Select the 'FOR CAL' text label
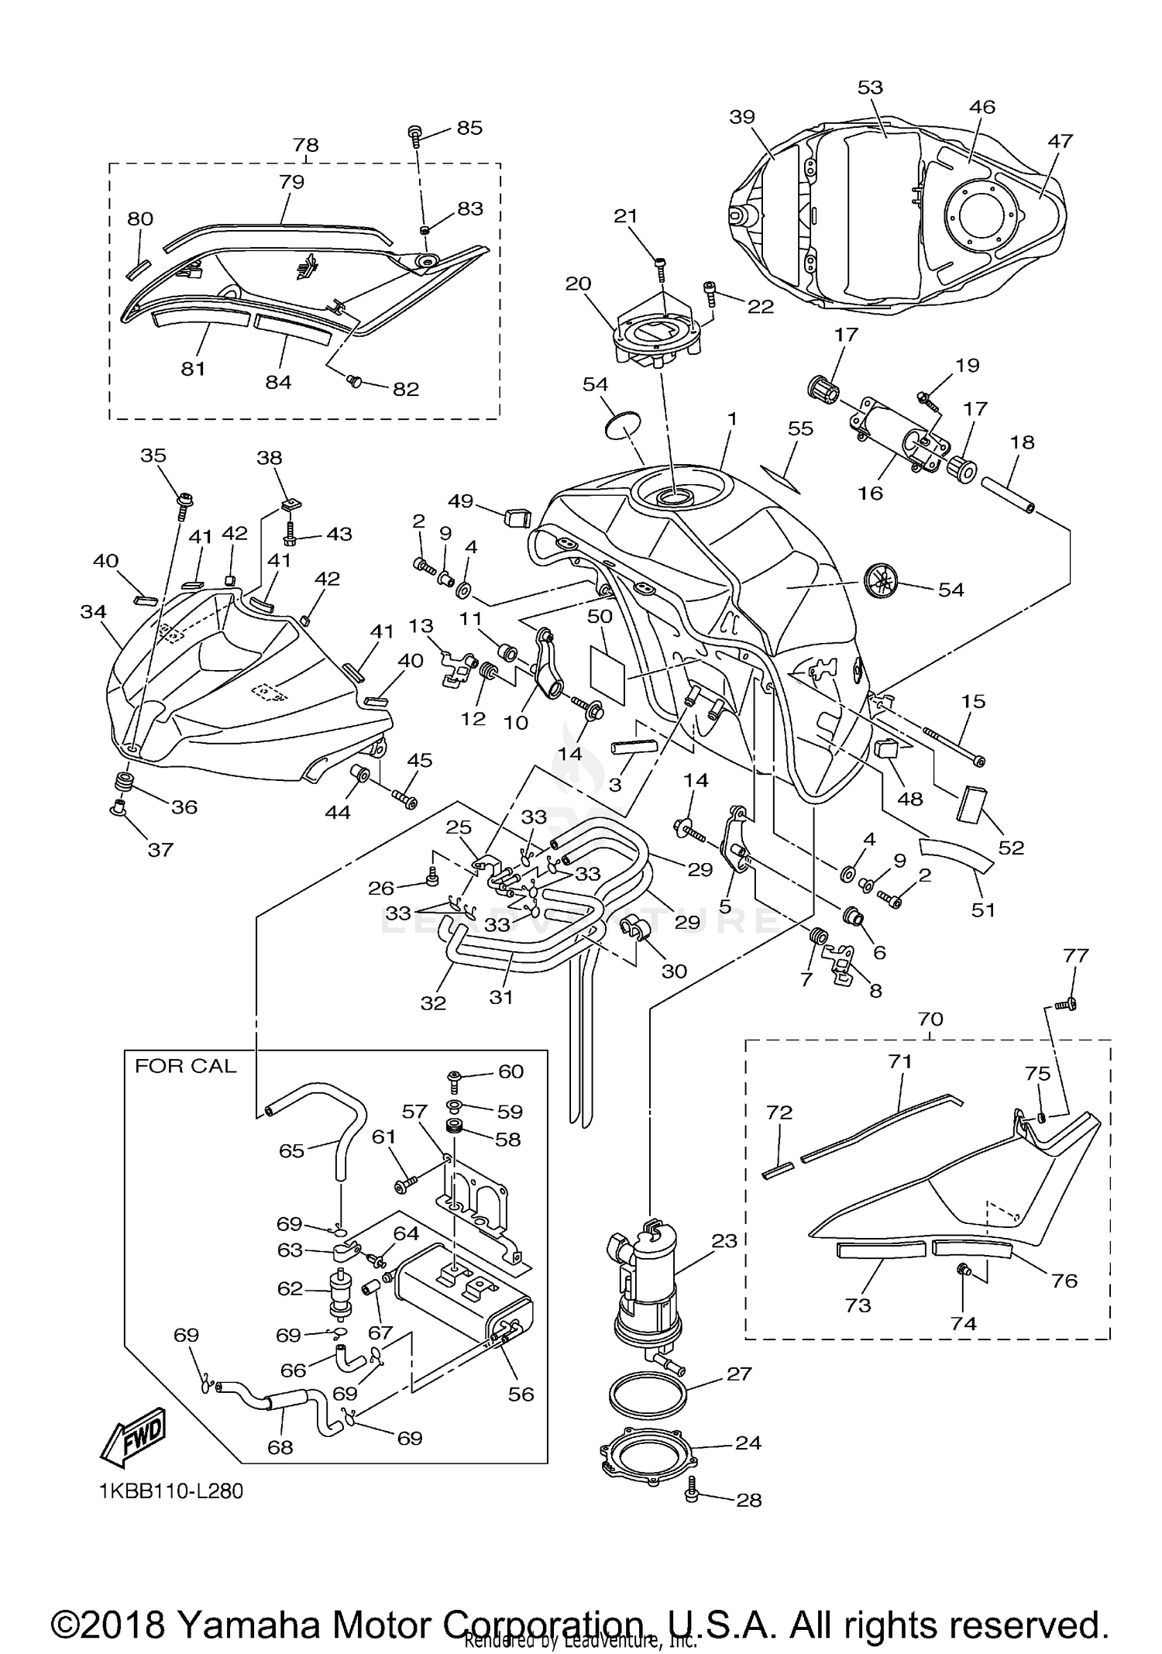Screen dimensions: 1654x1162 click(x=185, y=1066)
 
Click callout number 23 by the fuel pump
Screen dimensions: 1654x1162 click(x=724, y=1241)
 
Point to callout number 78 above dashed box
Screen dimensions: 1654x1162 click(x=306, y=145)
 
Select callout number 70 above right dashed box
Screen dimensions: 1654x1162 click(x=930, y=1019)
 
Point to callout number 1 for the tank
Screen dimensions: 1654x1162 click(x=731, y=419)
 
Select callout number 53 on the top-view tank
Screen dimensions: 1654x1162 click(x=870, y=87)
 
